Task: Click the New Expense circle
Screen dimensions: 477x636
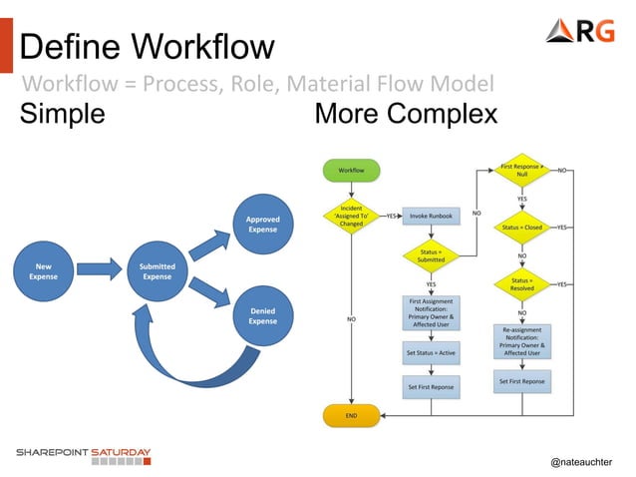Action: coord(44,270)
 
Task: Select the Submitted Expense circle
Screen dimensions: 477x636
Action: coord(157,270)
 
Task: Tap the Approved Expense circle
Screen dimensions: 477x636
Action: coord(263,224)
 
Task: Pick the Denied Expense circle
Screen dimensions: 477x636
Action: coord(263,316)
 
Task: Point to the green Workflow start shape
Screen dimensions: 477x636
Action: coord(351,171)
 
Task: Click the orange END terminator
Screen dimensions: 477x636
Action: coord(351,414)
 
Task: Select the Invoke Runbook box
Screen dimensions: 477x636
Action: coord(431,215)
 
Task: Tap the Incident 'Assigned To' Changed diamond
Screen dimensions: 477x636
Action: coord(351,216)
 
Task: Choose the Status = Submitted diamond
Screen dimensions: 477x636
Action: coord(431,255)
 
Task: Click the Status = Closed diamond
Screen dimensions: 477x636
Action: coord(521,227)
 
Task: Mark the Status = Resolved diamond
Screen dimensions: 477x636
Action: coord(521,284)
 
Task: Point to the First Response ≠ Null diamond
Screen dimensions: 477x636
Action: coord(521,171)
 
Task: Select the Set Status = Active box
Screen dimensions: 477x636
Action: coord(431,352)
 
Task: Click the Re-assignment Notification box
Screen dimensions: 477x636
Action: coord(521,340)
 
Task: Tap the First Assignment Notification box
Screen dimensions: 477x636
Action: coord(431,310)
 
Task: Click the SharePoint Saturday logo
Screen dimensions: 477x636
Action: coord(83,456)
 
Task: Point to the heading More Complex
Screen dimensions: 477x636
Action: coord(406,115)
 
